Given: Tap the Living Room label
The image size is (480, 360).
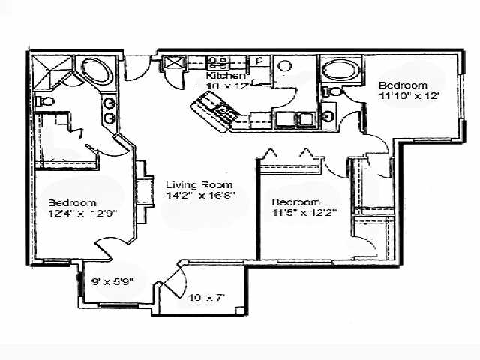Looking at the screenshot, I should pyautogui.click(x=199, y=184).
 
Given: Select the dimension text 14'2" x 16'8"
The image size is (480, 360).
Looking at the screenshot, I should pyautogui.click(x=200, y=196).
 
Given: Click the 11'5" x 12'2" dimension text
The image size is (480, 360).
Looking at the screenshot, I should pyautogui.click(x=304, y=213).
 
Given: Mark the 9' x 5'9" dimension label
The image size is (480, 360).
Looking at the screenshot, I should pyautogui.click(x=113, y=282).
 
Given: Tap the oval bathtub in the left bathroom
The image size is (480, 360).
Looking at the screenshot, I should pyautogui.click(x=95, y=71).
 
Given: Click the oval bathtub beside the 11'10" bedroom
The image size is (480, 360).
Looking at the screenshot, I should pyautogui.click(x=340, y=70).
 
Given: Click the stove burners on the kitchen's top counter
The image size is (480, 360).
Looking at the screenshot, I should pyautogui.click(x=218, y=61).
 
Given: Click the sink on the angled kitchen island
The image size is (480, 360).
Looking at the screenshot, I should pyautogui.click(x=223, y=112).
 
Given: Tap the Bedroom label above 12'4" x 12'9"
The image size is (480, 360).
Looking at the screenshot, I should pyautogui.click(x=72, y=203).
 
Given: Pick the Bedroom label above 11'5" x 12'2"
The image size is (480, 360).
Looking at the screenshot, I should pyautogui.click(x=295, y=202).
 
